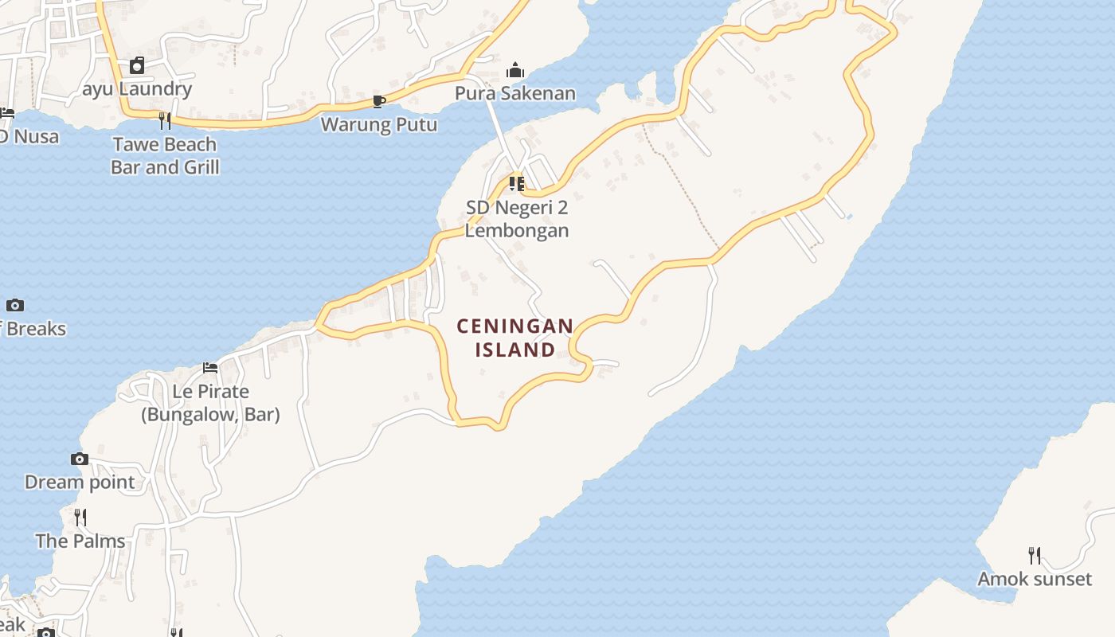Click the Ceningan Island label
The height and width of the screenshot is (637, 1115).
point(514,338)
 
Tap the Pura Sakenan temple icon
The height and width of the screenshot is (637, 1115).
point(515,71)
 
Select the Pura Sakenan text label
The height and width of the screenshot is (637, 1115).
point(514,93)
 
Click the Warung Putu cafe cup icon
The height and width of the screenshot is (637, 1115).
point(379,101)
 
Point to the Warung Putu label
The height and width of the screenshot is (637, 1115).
point(379,124)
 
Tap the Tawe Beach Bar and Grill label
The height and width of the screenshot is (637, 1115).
point(165,155)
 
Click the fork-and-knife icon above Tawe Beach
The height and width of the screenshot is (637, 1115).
point(165,121)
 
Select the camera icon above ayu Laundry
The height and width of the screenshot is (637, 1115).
point(137,65)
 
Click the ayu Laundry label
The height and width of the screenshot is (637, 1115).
point(137,88)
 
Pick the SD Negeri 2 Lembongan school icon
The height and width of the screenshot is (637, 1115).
point(516,184)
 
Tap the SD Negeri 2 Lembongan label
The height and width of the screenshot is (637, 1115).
point(517,219)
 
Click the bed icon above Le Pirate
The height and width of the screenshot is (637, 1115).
point(210,368)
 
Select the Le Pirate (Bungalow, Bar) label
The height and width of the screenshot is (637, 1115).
point(210,403)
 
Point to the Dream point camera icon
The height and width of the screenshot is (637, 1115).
point(80,459)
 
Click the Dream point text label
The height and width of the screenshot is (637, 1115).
point(80,482)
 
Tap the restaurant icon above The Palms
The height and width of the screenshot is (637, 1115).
point(80,518)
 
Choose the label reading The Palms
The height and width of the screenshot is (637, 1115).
point(80,541)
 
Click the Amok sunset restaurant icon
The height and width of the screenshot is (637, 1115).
point(1035,556)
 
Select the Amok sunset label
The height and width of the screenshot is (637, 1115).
point(1035,579)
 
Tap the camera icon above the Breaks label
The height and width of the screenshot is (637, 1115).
point(15,305)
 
